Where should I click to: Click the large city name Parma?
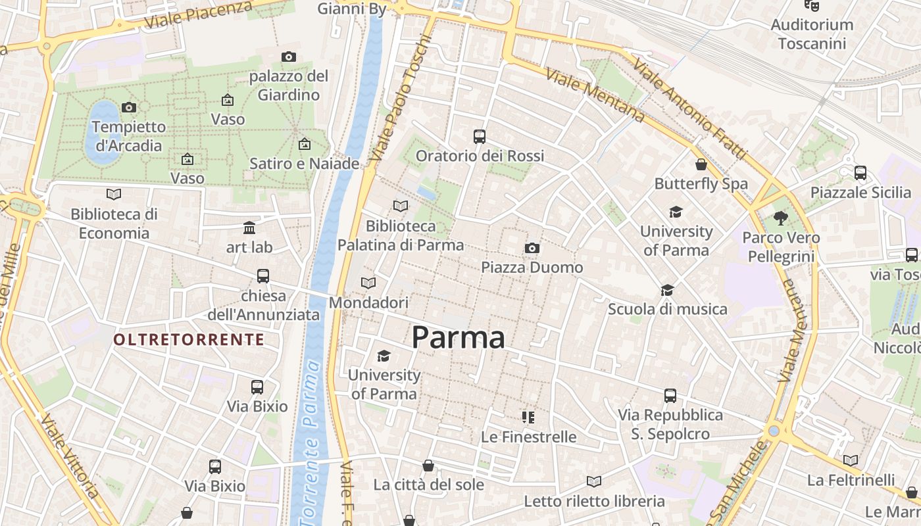pos(459,337)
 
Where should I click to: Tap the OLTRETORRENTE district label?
pos(189,339)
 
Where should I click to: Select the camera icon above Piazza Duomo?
pos(532,248)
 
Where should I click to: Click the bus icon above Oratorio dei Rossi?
pos(480,137)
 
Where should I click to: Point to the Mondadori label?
pos(368,302)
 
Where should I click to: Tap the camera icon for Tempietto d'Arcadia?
pos(129,107)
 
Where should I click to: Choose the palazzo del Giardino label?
pos(288,85)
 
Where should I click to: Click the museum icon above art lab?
pos(249,228)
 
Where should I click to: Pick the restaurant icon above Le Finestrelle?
pos(528,417)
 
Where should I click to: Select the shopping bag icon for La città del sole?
pos(428,466)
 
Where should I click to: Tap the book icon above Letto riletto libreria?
pos(594,481)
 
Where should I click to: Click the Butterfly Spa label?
pos(701,184)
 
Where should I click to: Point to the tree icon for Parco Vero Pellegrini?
pos(781,218)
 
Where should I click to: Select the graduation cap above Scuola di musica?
pos(667,290)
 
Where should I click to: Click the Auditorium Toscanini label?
pos(812,34)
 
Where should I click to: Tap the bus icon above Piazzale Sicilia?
pos(860,173)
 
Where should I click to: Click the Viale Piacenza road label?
pos(198,14)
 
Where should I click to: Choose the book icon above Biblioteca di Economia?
pos(114,194)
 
